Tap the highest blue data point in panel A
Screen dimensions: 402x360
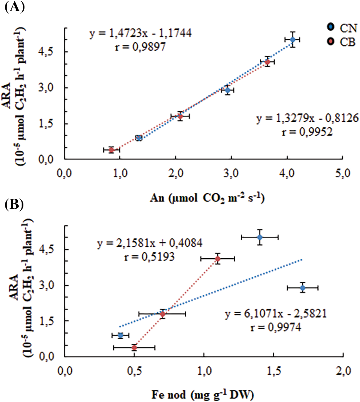point(293,40)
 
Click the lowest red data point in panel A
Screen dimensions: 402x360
point(111,150)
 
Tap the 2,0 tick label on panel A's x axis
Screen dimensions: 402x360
point(175,178)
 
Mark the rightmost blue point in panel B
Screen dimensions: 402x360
point(303,288)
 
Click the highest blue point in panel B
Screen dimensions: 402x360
point(260,237)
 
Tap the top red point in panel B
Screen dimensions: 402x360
point(217,258)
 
